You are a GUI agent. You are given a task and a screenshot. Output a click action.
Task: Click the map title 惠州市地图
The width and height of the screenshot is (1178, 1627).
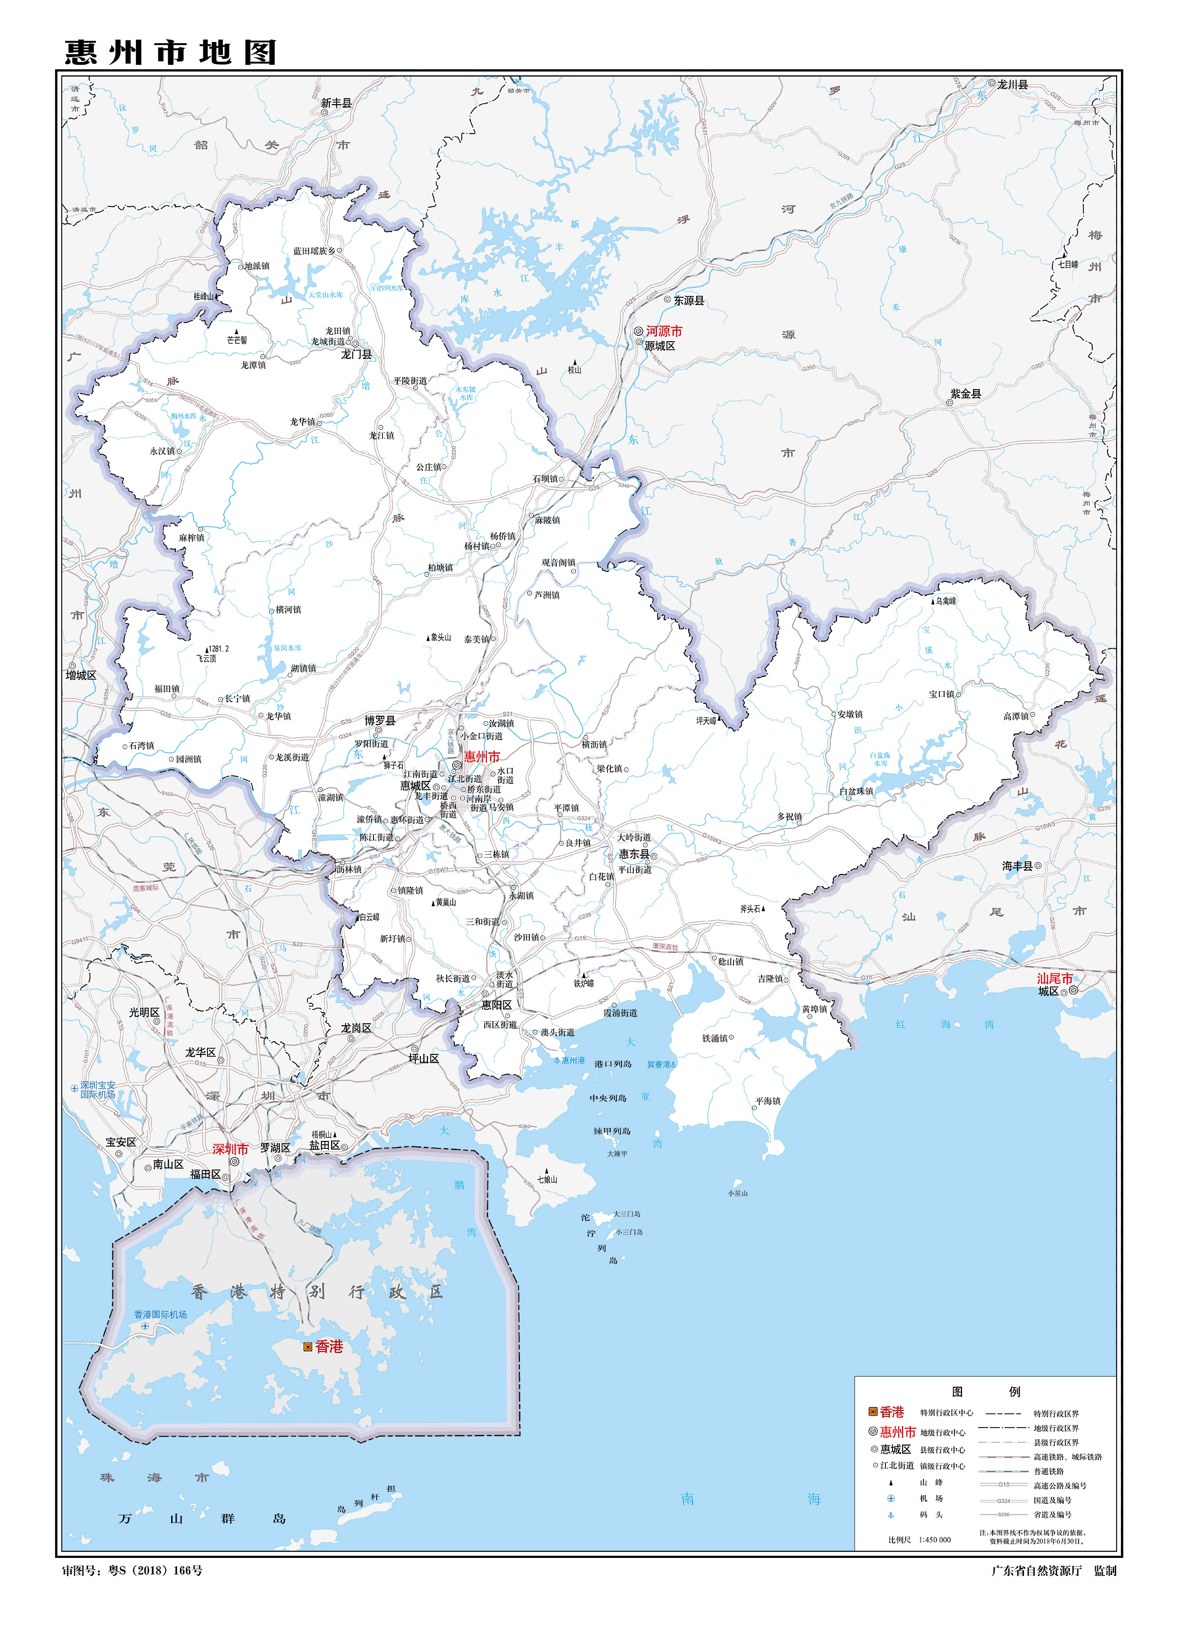(171, 52)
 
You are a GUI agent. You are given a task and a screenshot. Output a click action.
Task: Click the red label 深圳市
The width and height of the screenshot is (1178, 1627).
(230, 1148)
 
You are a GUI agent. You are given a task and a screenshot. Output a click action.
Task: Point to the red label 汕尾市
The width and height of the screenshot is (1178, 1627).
(1054, 978)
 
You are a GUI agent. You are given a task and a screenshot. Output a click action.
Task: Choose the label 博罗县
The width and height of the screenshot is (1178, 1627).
(380, 720)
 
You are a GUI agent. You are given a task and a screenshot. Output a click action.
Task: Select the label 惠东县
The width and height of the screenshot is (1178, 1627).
(634, 854)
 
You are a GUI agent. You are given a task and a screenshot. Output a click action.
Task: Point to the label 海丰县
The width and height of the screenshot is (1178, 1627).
(1017, 866)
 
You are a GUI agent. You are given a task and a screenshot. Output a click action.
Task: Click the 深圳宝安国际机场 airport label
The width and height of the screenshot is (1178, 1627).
(97, 1090)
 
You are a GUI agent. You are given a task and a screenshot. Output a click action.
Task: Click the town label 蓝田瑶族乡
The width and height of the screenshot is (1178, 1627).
(313, 251)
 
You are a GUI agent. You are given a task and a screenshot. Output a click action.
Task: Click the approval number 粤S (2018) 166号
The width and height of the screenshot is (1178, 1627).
(155, 1570)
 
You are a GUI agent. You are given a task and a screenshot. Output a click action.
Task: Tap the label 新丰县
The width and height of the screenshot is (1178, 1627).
(337, 103)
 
